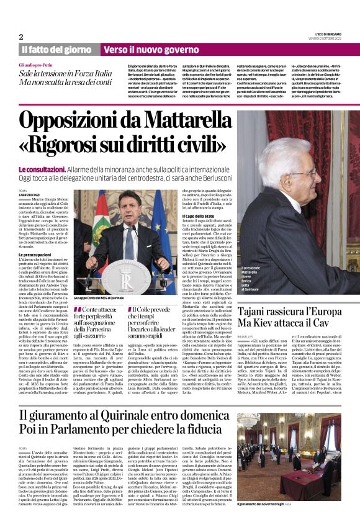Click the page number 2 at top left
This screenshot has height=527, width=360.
pyautogui.click(x=21, y=36)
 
